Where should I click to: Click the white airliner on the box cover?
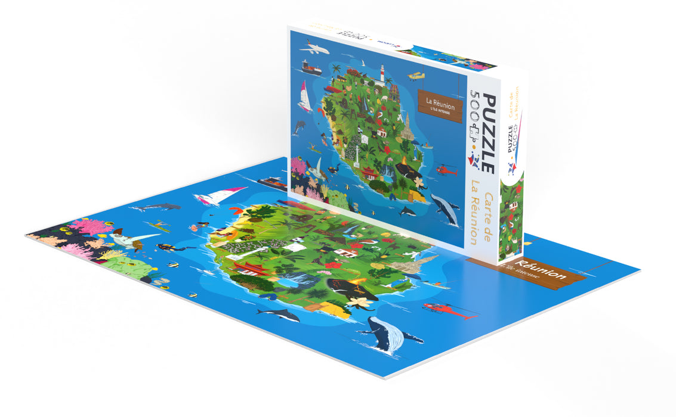[x=314, y=48]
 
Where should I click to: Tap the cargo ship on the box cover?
[x=311, y=69]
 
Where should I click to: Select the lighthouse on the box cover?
[x=382, y=75]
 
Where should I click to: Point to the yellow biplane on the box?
[x=416, y=76]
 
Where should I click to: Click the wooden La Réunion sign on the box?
[x=440, y=108]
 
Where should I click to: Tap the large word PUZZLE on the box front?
[x=487, y=133]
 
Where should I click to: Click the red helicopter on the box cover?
[x=446, y=170]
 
